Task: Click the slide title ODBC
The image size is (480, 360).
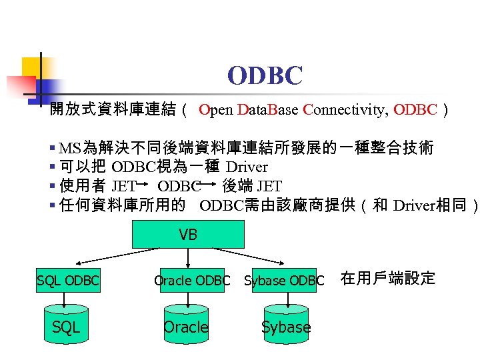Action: point(265,75)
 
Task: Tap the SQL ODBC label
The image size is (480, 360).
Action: point(67,281)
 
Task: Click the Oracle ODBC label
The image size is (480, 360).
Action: point(192,281)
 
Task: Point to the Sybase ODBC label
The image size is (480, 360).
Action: point(284,281)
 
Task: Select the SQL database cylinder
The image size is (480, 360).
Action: point(66,325)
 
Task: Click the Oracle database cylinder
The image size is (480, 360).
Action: point(186,325)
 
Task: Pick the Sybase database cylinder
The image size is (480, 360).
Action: point(286,325)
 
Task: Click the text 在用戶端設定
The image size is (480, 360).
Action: point(387,279)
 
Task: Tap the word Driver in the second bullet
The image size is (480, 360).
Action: point(247,167)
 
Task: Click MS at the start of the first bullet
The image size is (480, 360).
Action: point(69,147)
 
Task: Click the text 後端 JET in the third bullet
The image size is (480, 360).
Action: point(252,186)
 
